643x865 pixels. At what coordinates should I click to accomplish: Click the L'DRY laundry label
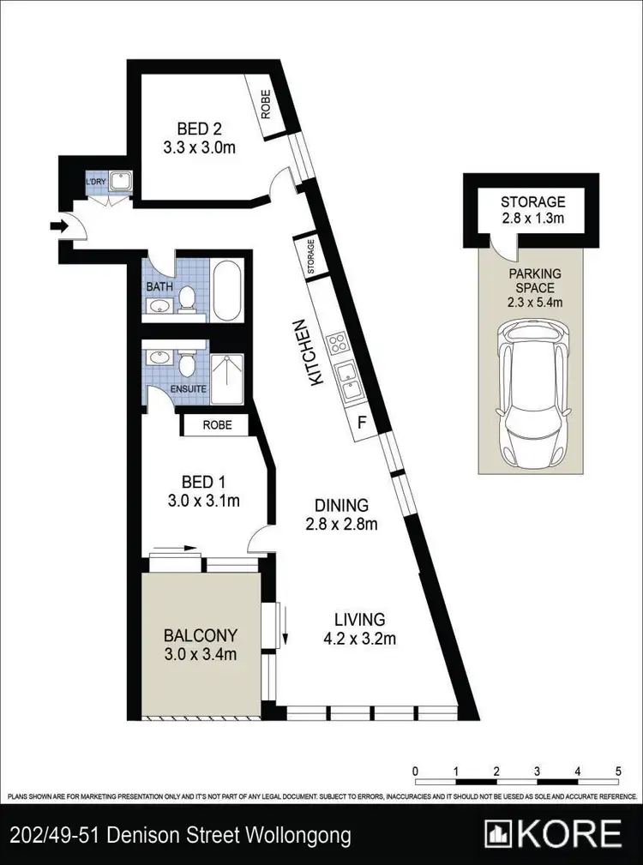pyautogui.click(x=96, y=182)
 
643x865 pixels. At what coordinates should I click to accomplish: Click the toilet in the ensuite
pyautogui.click(x=187, y=363)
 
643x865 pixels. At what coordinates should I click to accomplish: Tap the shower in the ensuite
pyautogui.click(x=227, y=378)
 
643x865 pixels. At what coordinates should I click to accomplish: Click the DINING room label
pyautogui.click(x=341, y=506)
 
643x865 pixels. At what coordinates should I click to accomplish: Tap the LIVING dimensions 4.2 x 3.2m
pyautogui.click(x=359, y=637)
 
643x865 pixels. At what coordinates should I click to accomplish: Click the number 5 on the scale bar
pyautogui.click(x=618, y=771)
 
